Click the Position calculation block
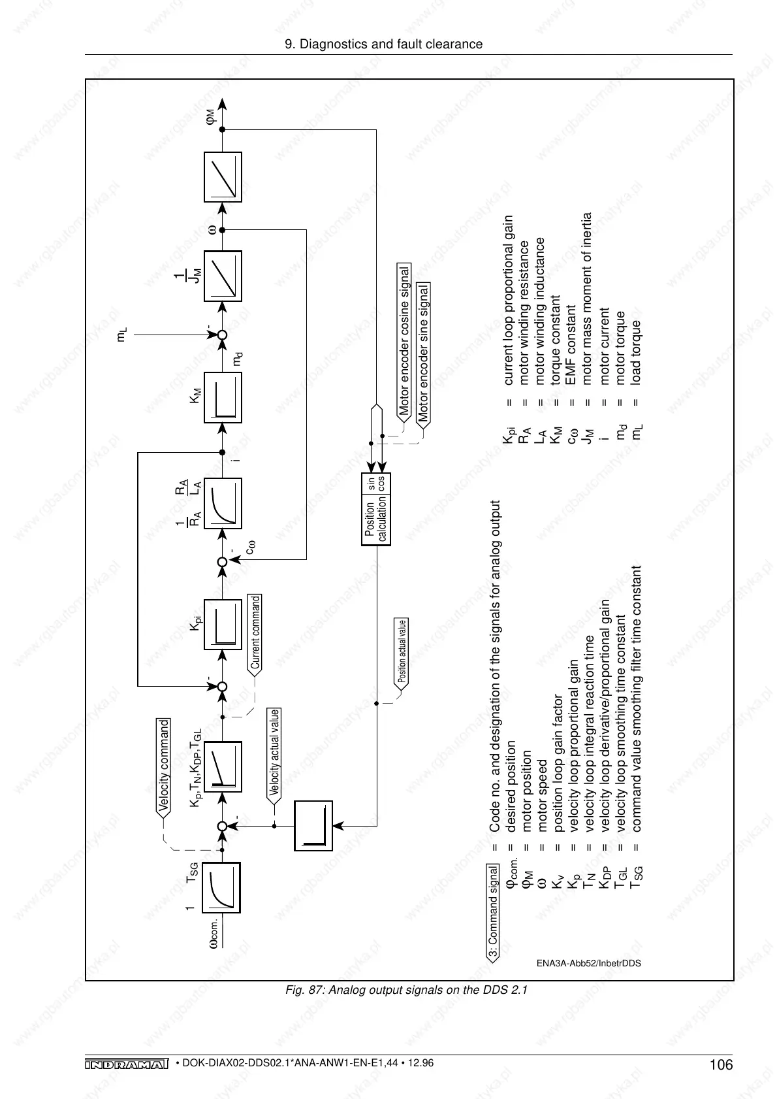376,509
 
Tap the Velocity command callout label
164,765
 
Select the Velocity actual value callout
275,753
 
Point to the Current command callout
255,632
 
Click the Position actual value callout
402,651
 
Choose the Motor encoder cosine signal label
405,342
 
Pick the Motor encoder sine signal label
424,353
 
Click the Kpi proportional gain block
223,625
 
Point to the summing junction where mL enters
222,335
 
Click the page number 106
721,1066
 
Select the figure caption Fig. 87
406,990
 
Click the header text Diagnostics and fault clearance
385,44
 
